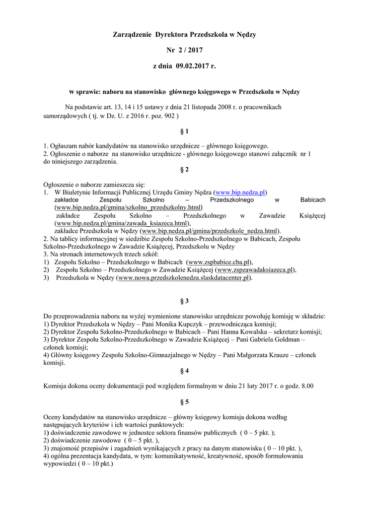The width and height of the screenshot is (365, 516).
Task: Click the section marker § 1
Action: pyautogui.click(x=184, y=132)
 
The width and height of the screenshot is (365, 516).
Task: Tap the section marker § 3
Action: pyautogui.click(x=184, y=301)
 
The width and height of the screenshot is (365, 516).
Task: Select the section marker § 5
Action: pyautogui.click(x=184, y=402)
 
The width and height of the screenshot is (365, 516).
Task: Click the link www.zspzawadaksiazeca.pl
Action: pyautogui.click(x=255, y=270)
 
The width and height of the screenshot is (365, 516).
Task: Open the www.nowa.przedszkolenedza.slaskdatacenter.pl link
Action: pyautogui.click(x=184, y=278)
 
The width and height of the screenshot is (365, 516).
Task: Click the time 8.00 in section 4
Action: pyautogui.click(x=307, y=386)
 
